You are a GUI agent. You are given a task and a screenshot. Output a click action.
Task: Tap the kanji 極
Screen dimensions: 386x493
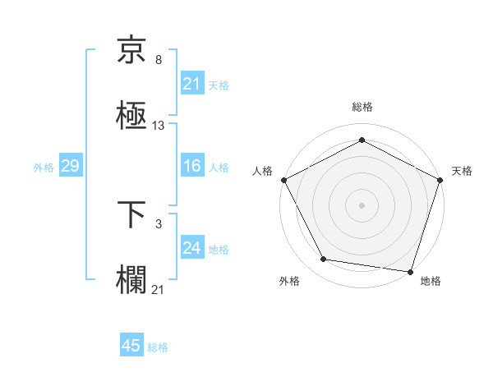coord(131,116)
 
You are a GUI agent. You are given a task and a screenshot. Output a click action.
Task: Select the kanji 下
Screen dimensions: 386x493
coord(131,214)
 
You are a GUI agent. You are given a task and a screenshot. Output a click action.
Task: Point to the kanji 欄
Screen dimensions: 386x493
coord(131,278)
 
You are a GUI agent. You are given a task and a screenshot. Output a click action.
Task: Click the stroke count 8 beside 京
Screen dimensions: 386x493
coord(159,61)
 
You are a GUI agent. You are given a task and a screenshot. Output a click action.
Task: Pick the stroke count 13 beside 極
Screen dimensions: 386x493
coord(159,126)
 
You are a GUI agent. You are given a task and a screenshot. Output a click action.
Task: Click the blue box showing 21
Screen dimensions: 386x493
coord(191,84)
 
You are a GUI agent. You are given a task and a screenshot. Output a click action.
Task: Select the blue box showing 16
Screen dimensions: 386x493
coord(191,167)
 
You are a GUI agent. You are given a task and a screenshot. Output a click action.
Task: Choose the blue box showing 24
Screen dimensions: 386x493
coord(191,248)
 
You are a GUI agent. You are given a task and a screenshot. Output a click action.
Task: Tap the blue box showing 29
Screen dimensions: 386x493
coord(70,167)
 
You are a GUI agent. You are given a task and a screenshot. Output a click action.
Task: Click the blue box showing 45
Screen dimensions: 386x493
coord(131,346)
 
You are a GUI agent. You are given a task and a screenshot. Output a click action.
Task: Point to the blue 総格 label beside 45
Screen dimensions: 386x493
coord(158,347)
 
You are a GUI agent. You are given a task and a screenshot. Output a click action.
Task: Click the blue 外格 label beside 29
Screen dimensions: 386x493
coord(44,168)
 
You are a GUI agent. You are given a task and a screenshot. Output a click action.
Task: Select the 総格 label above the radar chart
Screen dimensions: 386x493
coord(362,108)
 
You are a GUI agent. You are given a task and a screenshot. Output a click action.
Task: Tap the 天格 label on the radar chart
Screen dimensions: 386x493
coord(462,171)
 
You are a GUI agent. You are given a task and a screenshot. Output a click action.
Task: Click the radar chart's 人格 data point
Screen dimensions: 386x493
coord(283,179)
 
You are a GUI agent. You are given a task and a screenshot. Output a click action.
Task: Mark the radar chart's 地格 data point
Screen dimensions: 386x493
coord(411,271)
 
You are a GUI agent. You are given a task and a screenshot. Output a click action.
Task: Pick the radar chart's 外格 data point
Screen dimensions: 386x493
coord(325,260)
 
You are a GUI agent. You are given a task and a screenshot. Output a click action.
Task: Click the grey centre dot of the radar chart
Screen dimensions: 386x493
coord(362,204)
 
